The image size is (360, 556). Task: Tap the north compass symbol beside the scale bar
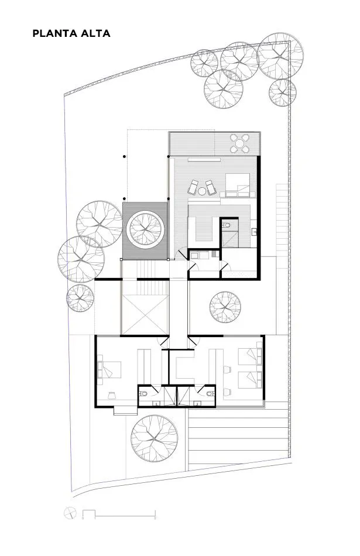tap(70, 513)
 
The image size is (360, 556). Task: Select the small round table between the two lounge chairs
tap(202, 191)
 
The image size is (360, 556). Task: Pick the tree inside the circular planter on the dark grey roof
tap(145, 229)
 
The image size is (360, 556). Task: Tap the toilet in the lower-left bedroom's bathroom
tap(143, 393)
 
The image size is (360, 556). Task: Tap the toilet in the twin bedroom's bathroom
tap(211, 393)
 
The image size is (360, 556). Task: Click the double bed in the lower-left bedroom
tap(109, 370)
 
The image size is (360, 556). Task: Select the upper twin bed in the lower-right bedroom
tap(250, 356)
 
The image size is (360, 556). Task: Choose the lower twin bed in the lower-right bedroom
tap(250, 379)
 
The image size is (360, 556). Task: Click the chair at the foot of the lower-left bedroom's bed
tap(111, 395)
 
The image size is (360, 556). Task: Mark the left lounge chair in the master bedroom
tap(193, 187)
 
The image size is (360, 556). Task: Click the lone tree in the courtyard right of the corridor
tap(225, 307)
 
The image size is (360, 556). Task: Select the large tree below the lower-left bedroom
tap(154, 438)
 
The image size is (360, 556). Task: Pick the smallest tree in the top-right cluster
tap(282, 92)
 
